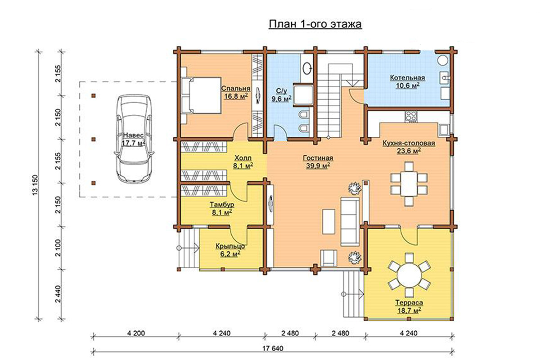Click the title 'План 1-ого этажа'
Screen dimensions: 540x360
pyautogui.click(x=315, y=24)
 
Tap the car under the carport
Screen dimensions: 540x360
pyautogui.click(x=134, y=139)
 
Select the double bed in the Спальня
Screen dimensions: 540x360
pyautogui.click(x=205, y=95)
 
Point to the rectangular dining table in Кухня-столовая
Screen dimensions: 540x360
pyautogui.click(x=409, y=184)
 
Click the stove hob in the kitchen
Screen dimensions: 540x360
pyautogui.click(x=411, y=117)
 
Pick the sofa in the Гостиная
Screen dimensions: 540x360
pyautogui.click(x=350, y=221)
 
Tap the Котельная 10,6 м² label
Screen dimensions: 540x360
pyautogui.click(x=407, y=82)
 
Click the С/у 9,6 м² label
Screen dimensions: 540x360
pyautogui.click(x=282, y=95)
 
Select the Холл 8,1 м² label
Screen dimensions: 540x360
pyautogui.click(x=243, y=162)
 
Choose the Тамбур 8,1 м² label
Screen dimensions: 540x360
pyautogui.click(x=222, y=208)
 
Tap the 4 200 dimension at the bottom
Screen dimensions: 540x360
pyautogui.click(x=136, y=333)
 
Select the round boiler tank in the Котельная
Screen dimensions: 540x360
pyautogui.click(x=443, y=60)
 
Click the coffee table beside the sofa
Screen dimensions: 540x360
pyautogui.click(x=328, y=221)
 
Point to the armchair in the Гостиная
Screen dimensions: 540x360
pyautogui.click(x=328, y=258)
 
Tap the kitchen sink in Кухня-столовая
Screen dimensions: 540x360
pyautogui.click(x=444, y=130)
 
